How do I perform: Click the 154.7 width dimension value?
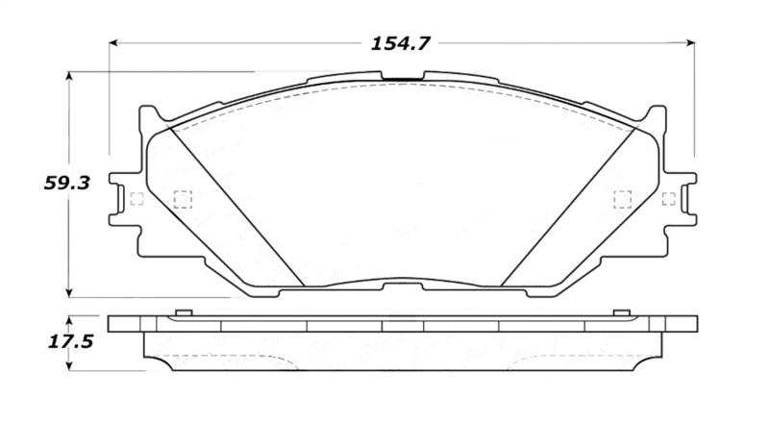[x=401, y=43]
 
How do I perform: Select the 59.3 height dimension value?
[x=67, y=183]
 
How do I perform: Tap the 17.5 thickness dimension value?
[x=67, y=340]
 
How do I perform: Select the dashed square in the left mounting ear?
[x=135, y=200]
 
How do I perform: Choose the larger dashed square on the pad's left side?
[x=181, y=200]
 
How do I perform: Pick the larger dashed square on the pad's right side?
[x=622, y=199]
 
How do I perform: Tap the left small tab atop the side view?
[x=183, y=313]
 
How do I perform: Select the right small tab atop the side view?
[x=621, y=313]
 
